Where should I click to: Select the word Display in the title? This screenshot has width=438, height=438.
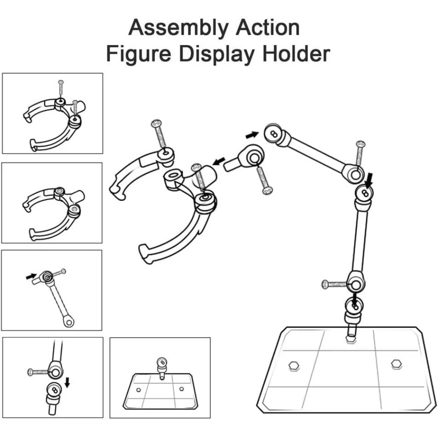point(217,54)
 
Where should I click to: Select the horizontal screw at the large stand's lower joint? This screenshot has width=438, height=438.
point(336,284)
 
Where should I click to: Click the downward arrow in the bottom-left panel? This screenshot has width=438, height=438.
point(67,382)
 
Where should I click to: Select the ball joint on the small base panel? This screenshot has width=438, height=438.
point(161,362)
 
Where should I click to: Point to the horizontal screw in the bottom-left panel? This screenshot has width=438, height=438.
point(39,372)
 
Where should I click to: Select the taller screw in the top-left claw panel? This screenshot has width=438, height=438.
point(60,90)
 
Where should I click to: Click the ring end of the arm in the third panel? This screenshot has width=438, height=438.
point(68,321)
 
